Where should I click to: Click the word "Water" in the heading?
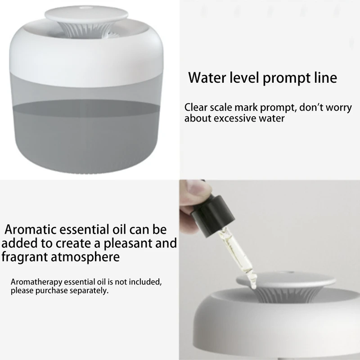(207, 77)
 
